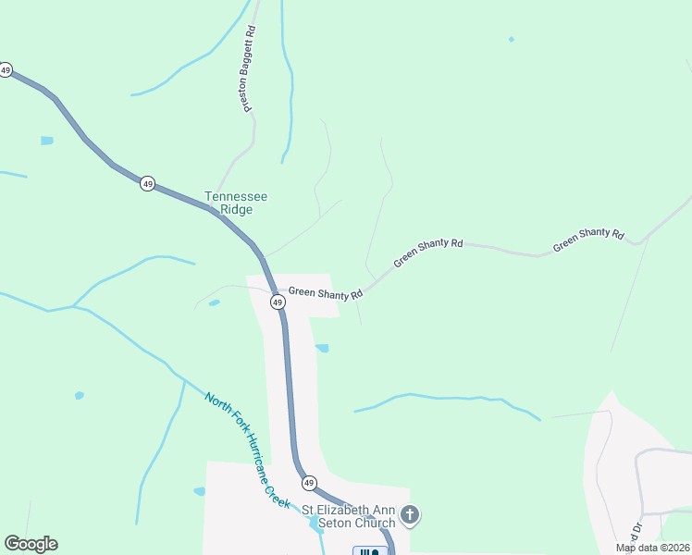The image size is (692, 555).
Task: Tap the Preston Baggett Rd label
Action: coord(249,69)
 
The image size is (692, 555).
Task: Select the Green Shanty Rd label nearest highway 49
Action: coord(325,293)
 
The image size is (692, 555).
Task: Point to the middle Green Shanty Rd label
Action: coord(427,253)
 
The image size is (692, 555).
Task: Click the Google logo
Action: coord(31,544)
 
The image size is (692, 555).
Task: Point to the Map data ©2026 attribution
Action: coord(653,548)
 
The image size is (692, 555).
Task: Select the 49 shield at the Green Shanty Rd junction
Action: coord(277,302)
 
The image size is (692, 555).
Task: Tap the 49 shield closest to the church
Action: coord(309,483)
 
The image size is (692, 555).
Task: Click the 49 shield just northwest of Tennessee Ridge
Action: coord(148,183)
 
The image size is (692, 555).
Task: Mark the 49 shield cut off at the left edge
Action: coord(6,70)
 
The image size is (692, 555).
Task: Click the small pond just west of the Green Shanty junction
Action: coord(215,302)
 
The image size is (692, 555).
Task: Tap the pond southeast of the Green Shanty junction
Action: coord(322,349)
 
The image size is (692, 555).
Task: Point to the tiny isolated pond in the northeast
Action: coord(511,39)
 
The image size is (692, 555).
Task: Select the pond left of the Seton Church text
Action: coord(200,491)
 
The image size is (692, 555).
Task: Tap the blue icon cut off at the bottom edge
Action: coord(367,551)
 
